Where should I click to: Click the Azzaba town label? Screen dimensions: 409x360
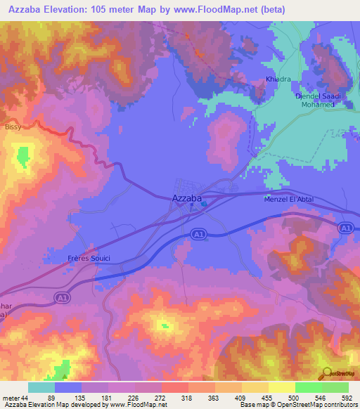point(187,199)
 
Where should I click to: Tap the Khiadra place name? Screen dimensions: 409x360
point(276,79)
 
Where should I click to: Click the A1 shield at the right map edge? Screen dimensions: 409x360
point(344,228)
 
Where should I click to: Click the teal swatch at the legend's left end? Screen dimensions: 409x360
point(41,387)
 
